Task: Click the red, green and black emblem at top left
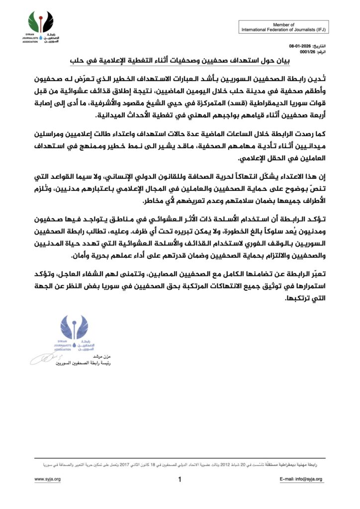pyautogui.click(x=41, y=22)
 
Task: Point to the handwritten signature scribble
pyautogui.click(x=47, y=358)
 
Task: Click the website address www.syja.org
pyautogui.click(x=48, y=479)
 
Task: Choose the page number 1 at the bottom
pyautogui.click(x=180, y=480)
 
